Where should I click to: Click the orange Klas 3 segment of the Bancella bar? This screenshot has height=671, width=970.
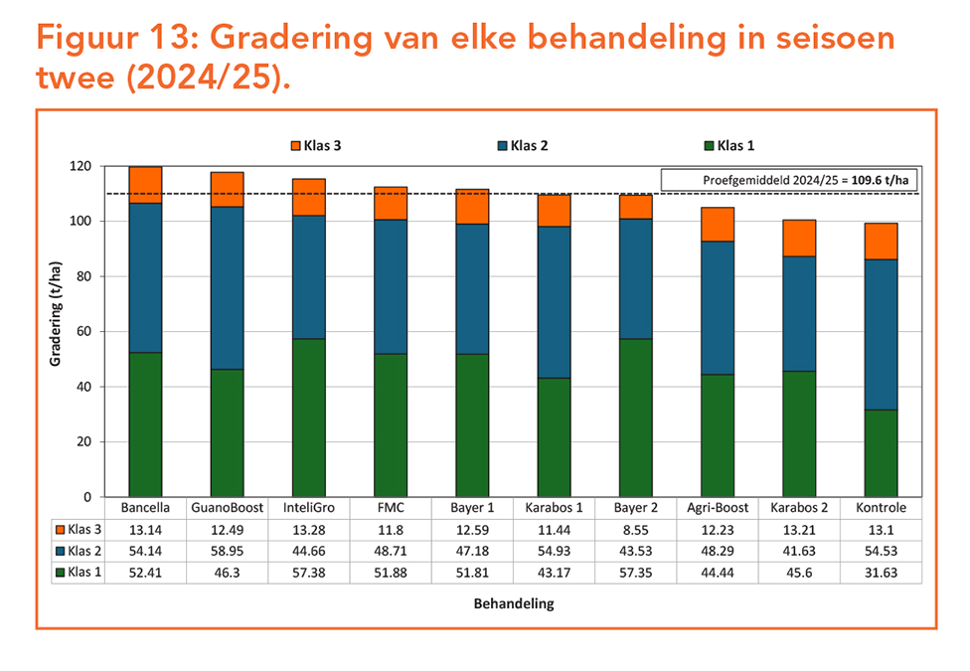tap(145, 185)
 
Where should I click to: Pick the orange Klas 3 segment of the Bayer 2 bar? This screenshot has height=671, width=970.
tap(636, 207)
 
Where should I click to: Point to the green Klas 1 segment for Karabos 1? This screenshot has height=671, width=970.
tap(555, 437)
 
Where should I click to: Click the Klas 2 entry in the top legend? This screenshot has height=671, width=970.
tap(521, 146)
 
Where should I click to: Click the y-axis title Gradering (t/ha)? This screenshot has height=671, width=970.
tap(56, 331)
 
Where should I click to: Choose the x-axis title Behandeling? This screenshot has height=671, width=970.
tap(514, 603)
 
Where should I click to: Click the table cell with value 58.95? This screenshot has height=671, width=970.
tap(227, 551)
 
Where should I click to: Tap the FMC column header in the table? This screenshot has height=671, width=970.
tap(391, 508)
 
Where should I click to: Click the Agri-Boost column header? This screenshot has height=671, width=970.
tap(718, 508)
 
